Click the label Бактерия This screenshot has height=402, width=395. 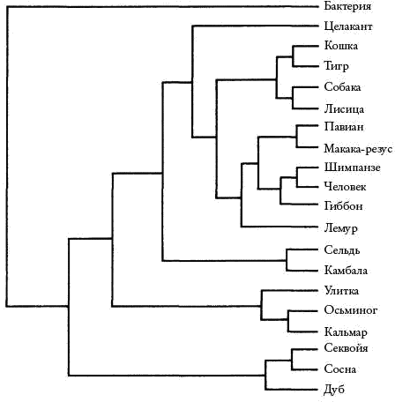(347, 6)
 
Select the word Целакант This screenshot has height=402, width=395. (348, 26)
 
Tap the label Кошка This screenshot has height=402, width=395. (341, 46)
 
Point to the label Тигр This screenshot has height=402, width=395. (336, 66)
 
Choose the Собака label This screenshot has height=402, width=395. (342, 87)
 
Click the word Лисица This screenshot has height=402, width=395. (344, 109)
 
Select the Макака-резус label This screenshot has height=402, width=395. (358, 149)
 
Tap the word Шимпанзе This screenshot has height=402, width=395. (352, 167)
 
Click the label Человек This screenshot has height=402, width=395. (345, 187)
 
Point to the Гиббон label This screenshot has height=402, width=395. (343, 205)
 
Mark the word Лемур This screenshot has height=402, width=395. (340, 228)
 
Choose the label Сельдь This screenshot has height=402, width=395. (342, 250)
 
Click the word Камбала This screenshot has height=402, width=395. (346, 271)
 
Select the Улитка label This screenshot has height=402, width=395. (341, 291)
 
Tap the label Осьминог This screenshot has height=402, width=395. (351, 310)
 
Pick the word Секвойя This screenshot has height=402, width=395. (346, 348)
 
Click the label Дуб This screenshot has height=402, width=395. (334, 390)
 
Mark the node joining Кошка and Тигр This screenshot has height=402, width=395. (293, 56)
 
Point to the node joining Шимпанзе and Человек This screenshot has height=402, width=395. (297, 177)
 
